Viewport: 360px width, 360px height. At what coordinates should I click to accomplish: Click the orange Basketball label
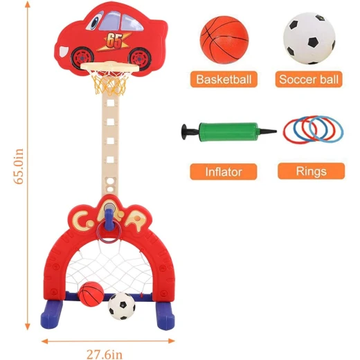[x=224, y=79]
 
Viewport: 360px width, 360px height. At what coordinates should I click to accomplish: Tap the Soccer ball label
[x=309, y=79]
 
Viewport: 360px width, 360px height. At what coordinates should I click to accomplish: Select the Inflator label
[x=224, y=172]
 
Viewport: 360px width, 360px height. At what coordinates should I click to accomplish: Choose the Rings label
[x=312, y=171]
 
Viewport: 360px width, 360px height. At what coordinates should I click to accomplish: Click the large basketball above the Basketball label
[x=224, y=39]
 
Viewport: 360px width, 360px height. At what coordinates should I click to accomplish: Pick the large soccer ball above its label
[x=309, y=38]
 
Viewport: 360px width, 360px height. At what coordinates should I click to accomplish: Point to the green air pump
[x=229, y=132]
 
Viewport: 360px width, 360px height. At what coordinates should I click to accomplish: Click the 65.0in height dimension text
[x=19, y=166]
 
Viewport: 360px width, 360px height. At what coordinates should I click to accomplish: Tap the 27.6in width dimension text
[x=105, y=354]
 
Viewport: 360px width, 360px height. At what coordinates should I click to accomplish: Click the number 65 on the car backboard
[x=114, y=41]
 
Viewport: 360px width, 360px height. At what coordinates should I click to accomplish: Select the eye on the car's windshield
[x=95, y=21]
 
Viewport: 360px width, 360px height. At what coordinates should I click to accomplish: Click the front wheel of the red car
[x=82, y=57]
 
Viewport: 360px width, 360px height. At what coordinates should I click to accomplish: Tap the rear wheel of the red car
[x=140, y=59]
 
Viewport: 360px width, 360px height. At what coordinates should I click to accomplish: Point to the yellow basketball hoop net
[x=109, y=82]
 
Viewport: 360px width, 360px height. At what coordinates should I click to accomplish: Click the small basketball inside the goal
[x=91, y=294]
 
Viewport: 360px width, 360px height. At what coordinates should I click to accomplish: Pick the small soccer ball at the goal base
[x=122, y=306]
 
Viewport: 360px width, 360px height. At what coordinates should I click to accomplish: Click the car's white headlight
[x=63, y=51]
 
